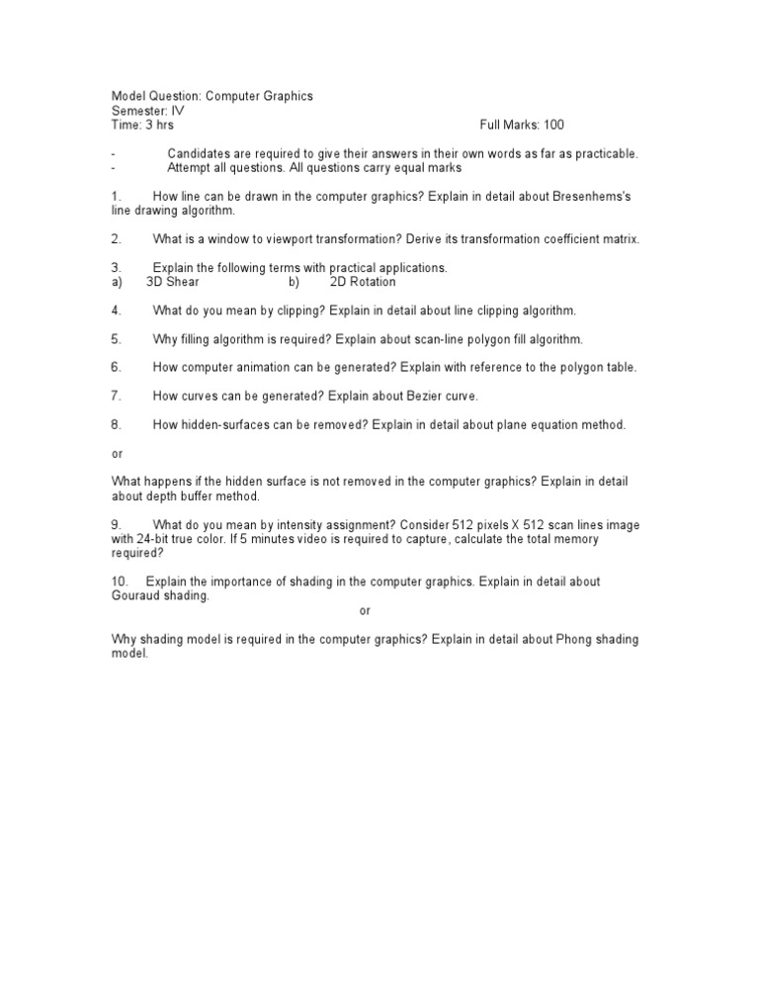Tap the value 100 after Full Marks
[552, 125]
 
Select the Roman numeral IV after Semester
[178, 111]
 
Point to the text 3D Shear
[172, 282]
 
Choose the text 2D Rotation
[363, 282]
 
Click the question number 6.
[116, 368]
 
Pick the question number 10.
[120, 581]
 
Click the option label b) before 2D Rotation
[294, 282]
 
